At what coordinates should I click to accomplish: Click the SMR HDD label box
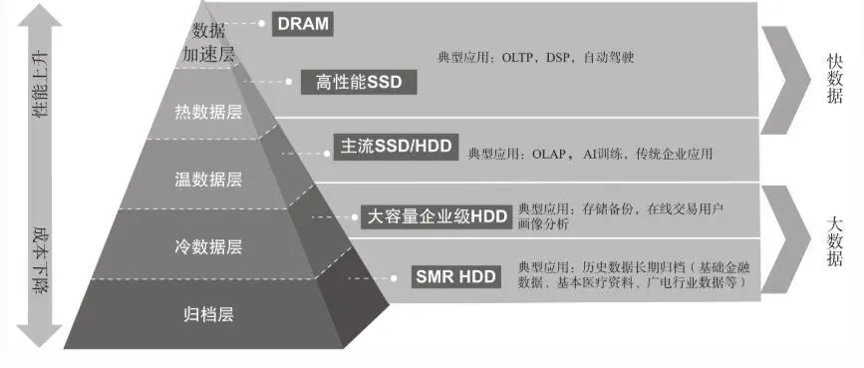point(455,276)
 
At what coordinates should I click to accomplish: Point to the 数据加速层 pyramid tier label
point(208,42)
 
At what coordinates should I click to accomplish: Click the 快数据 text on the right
point(835,77)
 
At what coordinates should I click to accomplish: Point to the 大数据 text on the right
point(835,240)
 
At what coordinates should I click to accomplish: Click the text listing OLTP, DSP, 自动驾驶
point(536,58)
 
